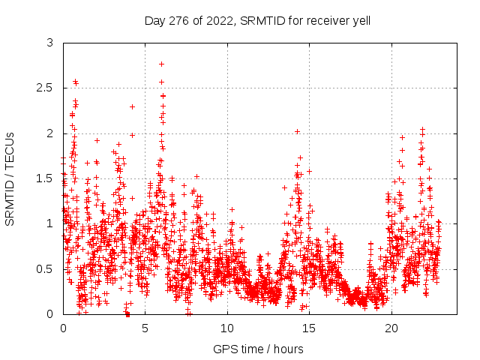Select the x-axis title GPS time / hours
[x=258, y=349]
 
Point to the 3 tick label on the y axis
[x=49, y=43]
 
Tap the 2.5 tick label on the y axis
[x=45, y=88]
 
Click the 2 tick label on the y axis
[x=49, y=133]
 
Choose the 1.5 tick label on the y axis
[x=45, y=178]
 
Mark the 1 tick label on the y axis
[x=49, y=223]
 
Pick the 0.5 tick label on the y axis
[x=45, y=268]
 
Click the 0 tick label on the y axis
[x=49, y=313]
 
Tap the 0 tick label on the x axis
[x=63, y=328]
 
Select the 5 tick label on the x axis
[x=145, y=328]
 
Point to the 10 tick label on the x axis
[x=227, y=328]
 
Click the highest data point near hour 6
[x=161, y=64]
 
